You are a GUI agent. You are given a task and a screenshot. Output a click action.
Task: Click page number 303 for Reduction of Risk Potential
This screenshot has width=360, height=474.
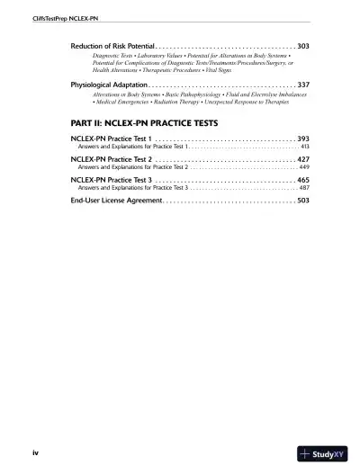click(303, 45)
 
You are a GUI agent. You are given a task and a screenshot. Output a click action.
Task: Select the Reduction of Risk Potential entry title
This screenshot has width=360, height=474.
click(112, 45)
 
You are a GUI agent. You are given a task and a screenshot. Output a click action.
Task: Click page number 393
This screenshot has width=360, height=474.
click(303, 139)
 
